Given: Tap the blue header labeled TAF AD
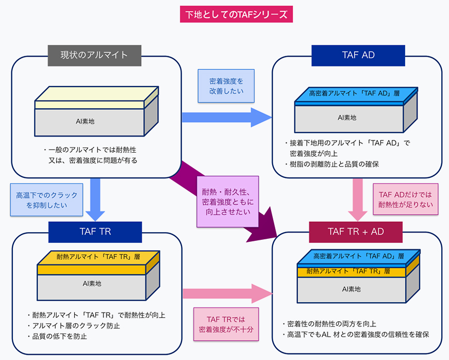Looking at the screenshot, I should pos(358,55).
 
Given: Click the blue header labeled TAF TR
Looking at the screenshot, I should pos(95,232).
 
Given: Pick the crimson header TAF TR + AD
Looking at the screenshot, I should pos(356,232).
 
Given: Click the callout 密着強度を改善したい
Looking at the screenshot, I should pos(226,86).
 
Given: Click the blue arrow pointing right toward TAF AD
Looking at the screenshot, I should pos(227,117).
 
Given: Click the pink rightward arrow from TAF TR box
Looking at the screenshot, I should pos(227,293).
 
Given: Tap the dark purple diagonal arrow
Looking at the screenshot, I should pos(232,206).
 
